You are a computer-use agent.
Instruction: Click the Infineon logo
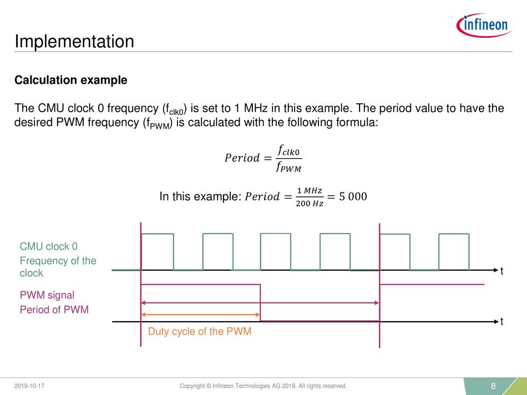coord(484,26)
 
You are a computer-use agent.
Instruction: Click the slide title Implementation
coord(74,42)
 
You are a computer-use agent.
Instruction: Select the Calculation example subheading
coord(71,80)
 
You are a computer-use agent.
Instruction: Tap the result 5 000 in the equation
coord(353,196)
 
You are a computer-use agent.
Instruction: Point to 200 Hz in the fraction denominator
coord(310,204)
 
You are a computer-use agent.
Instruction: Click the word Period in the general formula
coord(242,158)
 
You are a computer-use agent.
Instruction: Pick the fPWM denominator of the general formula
coord(288,167)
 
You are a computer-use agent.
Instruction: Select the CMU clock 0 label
coord(49,246)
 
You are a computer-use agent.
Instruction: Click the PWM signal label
coord(47,295)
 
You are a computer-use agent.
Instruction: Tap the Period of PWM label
coord(54,309)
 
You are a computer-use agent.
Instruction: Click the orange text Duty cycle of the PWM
coord(200,331)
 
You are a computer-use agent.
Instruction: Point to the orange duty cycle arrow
coord(200,315)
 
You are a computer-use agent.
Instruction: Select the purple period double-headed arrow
coord(260,303)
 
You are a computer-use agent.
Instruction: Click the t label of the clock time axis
coord(502,271)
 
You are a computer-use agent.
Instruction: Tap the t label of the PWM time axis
coord(502,322)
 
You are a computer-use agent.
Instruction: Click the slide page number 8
coord(493,386)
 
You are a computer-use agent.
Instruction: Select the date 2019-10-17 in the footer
coord(29,386)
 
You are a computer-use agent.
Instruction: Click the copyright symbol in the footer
coord(209,386)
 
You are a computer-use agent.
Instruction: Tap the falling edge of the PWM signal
coord(261,303)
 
